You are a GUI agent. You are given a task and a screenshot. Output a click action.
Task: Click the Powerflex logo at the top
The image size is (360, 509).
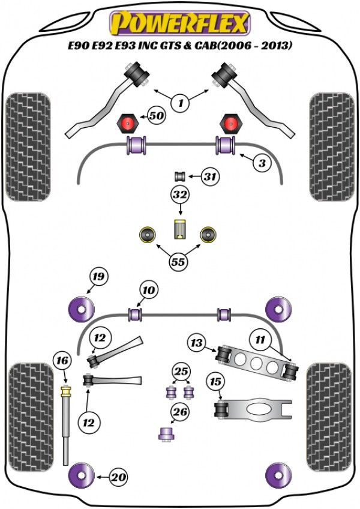[x=179, y=23]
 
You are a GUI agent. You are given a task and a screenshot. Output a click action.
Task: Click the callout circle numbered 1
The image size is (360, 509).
[x=180, y=103]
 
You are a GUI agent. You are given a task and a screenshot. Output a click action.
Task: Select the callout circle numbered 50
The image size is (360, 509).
[x=157, y=115]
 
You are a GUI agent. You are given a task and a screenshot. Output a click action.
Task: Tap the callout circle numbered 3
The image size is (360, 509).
[x=262, y=162]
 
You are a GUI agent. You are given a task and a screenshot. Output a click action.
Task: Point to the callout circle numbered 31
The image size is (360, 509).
[x=210, y=176]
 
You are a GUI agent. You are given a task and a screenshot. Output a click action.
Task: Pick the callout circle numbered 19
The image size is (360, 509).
[x=98, y=277]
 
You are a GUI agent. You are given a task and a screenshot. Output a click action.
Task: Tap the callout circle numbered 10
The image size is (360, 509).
[x=148, y=291]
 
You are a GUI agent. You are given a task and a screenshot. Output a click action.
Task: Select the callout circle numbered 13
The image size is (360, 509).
[x=196, y=343]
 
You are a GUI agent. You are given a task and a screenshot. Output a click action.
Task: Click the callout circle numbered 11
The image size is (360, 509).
[x=260, y=340]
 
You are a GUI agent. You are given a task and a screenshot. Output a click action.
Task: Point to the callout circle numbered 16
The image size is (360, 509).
[x=62, y=361]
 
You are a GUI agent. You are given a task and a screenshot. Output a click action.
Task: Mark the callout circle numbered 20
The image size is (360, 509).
[x=119, y=478]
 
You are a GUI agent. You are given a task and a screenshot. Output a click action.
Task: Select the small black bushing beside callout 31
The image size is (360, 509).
[x=178, y=176]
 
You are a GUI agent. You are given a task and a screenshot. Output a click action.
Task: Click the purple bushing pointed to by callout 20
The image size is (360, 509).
[x=82, y=477]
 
